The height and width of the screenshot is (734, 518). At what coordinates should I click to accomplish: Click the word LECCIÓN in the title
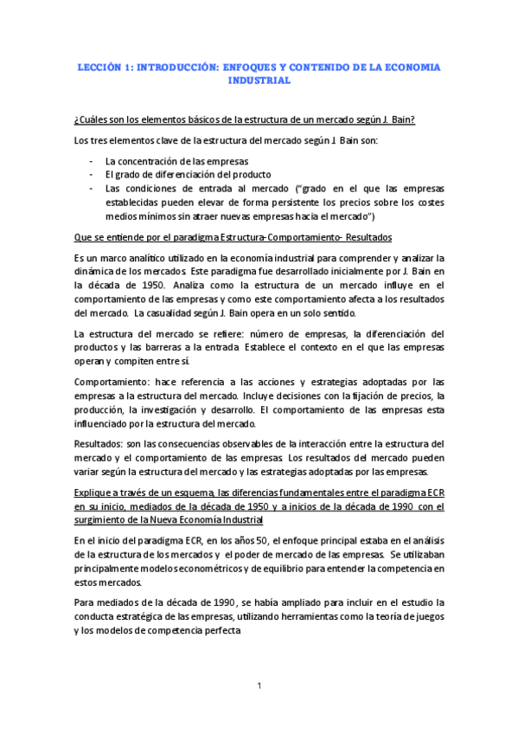coord(97,66)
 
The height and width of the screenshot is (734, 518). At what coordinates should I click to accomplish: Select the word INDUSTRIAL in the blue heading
coord(259,80)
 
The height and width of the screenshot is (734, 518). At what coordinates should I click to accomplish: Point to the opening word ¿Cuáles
coord(93,119)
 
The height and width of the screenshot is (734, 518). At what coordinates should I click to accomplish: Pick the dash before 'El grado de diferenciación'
coord(93,175)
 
